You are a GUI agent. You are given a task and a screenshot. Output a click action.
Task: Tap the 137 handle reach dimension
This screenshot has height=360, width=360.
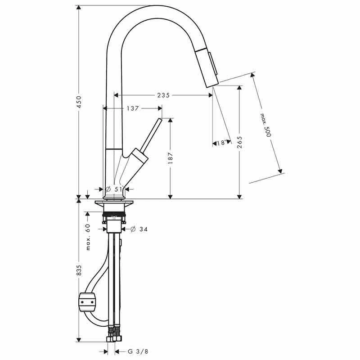(x=132, y=108)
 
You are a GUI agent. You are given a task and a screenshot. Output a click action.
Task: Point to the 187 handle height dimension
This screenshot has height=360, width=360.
(x=171, y=158)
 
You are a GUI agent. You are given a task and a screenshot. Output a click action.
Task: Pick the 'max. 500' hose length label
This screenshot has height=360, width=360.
(x=266, y=125)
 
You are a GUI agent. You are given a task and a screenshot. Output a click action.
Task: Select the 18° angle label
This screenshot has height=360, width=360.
(x=221, y=143)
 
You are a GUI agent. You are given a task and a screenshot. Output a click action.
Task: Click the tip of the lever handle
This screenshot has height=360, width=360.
(x=159, y=121)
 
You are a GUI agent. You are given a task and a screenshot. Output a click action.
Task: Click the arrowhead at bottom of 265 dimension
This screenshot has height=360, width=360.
(x=239, y=196)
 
